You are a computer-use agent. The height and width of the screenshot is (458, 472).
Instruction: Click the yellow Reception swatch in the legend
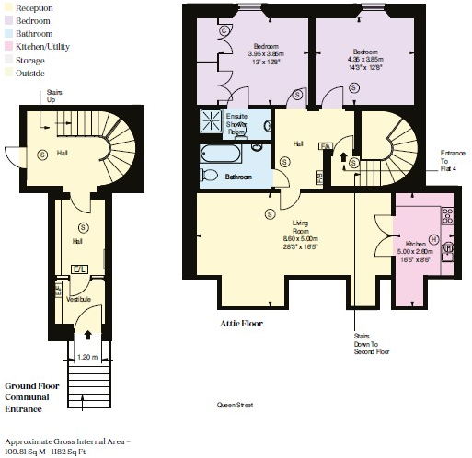pos(8,6)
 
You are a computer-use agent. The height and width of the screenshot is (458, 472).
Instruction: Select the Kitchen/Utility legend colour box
pos(8,45)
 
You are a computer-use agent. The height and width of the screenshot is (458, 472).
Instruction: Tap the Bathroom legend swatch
pos(8,32)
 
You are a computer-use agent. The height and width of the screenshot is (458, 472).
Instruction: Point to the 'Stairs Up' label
pos(54,96)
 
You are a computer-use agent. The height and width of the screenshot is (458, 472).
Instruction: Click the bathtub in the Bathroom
pos(222,153)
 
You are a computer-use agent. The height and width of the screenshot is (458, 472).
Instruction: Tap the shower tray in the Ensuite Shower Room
pos(213,121)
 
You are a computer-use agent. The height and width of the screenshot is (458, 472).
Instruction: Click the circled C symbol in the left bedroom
pos(224,30)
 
